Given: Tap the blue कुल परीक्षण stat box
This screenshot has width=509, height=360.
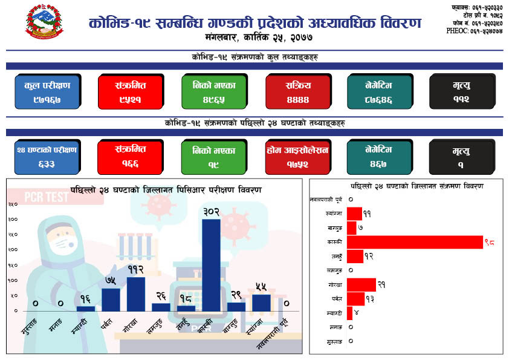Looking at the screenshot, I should pyautogui.click(x=47, y=91).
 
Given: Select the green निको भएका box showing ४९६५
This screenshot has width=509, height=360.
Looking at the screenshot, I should pyautogui.click(x=213, y=91).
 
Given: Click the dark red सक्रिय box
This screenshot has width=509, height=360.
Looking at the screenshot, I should pyautogui.click(x=296, y=91).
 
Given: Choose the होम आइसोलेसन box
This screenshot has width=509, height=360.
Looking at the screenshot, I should pyautogui.click(x=296, y=157).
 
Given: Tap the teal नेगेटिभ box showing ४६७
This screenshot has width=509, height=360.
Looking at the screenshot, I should pyautogui.click(x=378, y=157).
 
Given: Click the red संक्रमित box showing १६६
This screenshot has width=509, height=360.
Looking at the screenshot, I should pyautogui.click(x=130, y=156).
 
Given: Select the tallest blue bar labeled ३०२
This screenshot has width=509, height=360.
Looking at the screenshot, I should pyautogui.click(x=211, y=264).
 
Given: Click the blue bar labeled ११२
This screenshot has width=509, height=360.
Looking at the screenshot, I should pyautogui.click(x=135, y=293).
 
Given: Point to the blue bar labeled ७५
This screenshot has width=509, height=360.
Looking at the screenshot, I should pyautogui.click(x=111, y=299).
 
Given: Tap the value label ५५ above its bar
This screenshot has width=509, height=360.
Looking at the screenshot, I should pyautogui.click(x=261, y=287).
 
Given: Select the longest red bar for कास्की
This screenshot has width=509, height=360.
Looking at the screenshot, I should pyautogui.click(x=415, y=242).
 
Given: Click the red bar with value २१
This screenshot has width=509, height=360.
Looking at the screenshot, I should pyautogui.click(x=361, y=285).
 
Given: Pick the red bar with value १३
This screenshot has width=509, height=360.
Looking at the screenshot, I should pyautogui.click(x=355, y=299).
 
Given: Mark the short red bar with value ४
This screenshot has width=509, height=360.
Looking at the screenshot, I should pyautogui.click(x=349, y=313).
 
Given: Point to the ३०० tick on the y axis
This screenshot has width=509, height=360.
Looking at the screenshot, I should pyautogui.click(x=12, y=219).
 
